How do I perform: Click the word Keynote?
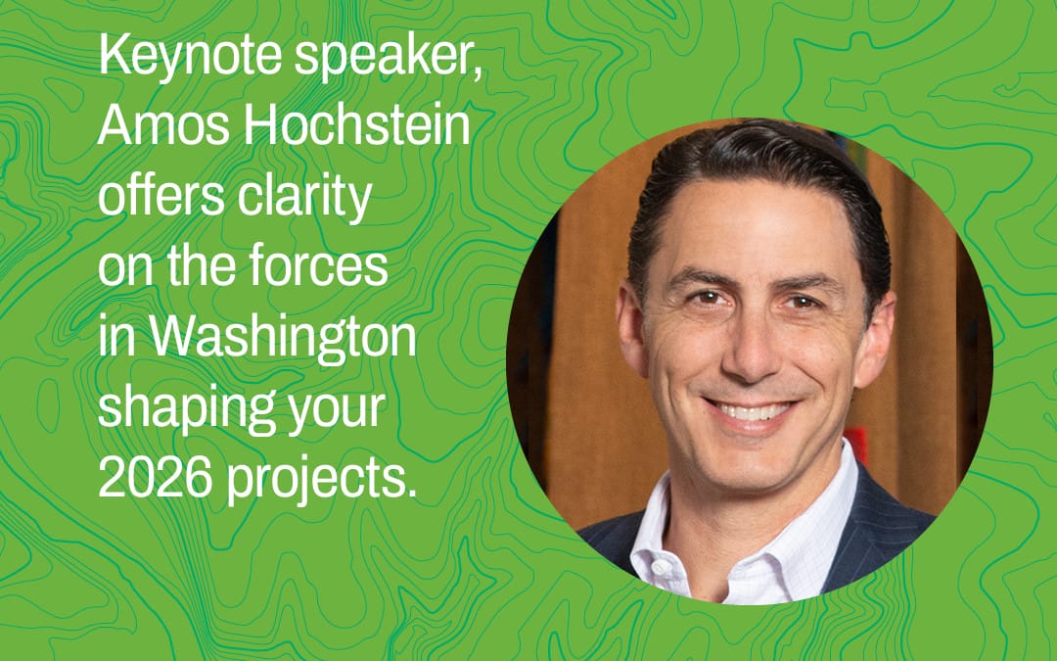[190, 56]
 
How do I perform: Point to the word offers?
[161, 195]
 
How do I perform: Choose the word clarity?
[304, 198]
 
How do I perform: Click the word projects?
[321, 482]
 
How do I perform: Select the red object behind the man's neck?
[856, 446]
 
